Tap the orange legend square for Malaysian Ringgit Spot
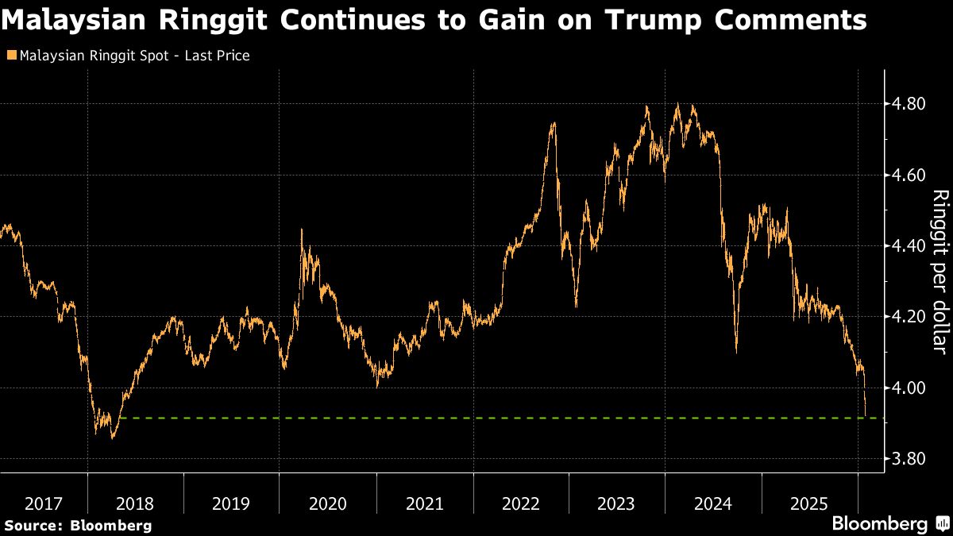(10, 56)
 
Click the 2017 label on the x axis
(44, 503)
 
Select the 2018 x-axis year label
(136, 503)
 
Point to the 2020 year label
(328, 503)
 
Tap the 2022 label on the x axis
(521, 503)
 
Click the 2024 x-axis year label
(713, 503)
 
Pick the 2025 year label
(809, 503)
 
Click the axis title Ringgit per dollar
(939, 271)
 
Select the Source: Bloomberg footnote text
(78, 525)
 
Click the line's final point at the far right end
(866, 415)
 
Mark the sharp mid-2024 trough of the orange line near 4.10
(737, 351)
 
